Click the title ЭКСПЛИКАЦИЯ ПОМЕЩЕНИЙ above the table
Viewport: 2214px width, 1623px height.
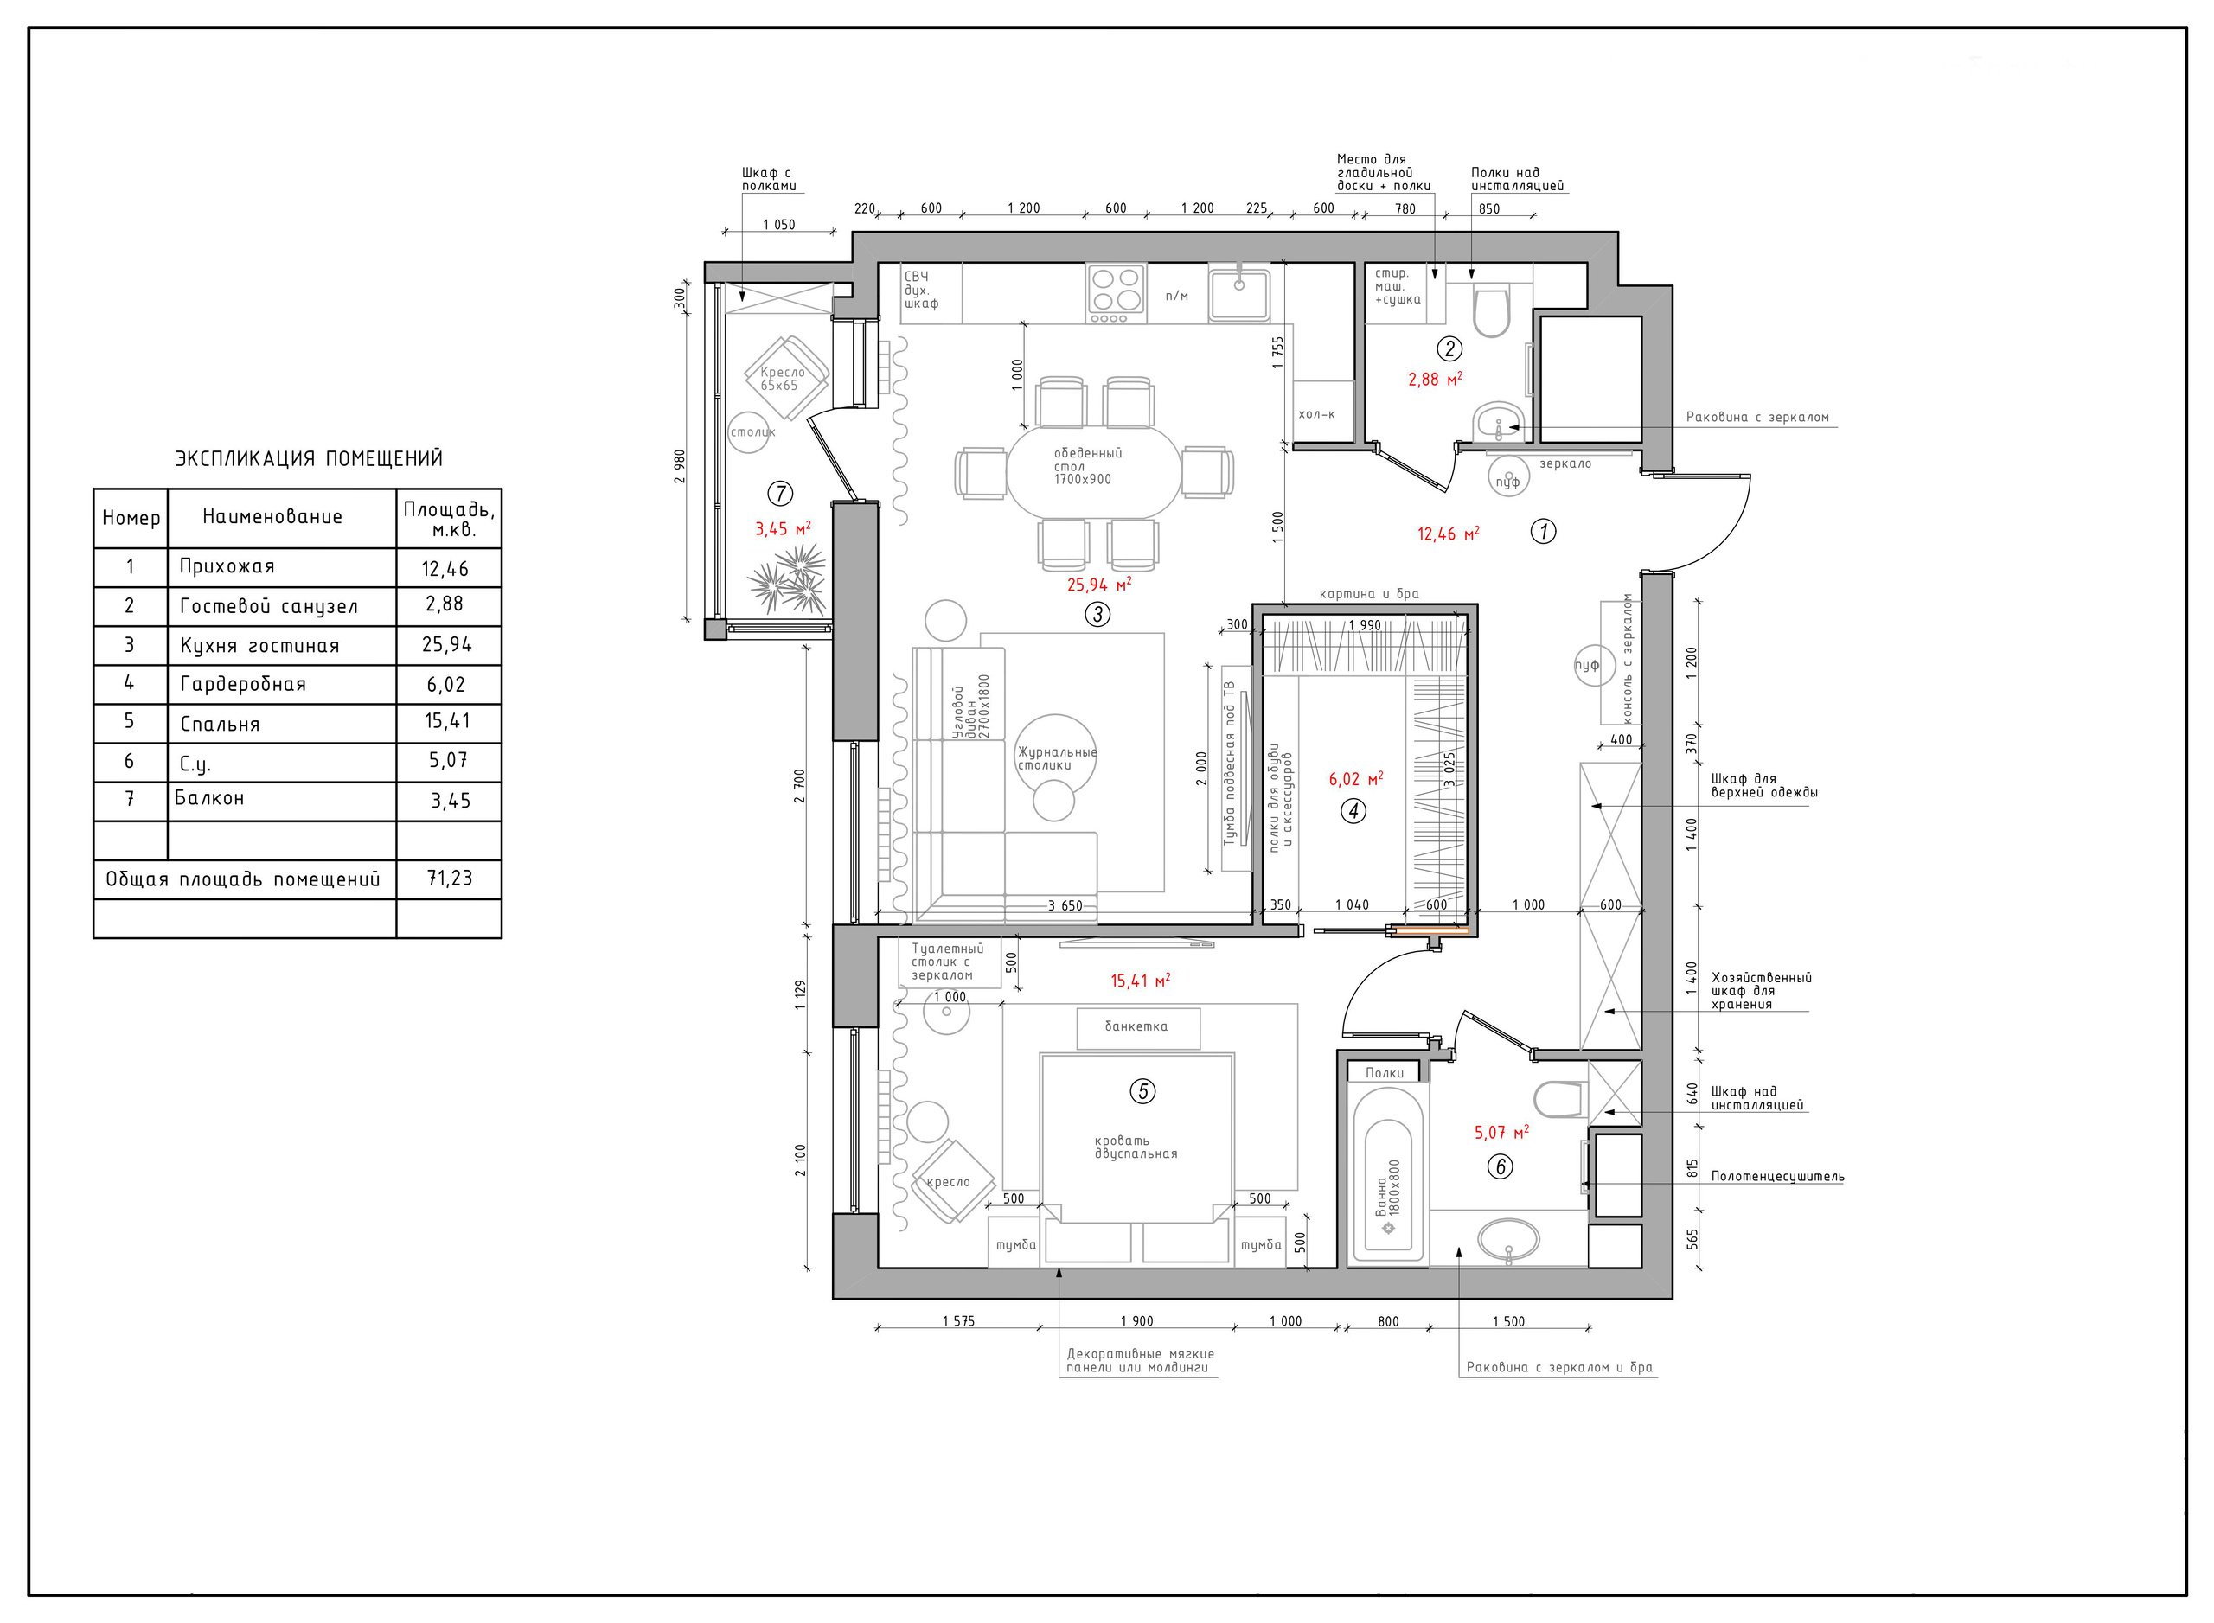coord(309,459)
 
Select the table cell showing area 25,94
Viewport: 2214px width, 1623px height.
coord(448,645)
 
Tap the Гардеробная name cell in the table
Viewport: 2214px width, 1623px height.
coord(282,685)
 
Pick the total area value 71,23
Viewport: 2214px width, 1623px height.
coord(449,879)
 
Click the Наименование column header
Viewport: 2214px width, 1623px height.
coord(272,517)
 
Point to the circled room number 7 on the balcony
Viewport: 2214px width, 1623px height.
coord(780,493)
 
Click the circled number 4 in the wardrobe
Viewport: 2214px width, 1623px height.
coord(1353,811)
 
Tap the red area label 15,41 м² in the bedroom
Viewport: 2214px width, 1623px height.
coord(1140,981)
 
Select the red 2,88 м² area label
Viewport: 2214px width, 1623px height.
coord(1435,380)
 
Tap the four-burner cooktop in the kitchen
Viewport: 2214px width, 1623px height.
coord(1116,293)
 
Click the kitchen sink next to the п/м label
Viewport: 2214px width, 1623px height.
coord(1238,293)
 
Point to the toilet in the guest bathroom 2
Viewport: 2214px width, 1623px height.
coord(1491,310)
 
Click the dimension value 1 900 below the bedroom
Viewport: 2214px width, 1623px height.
coord(1137,1321)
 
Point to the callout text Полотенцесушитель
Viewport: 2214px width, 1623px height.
coord(1776,1176)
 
